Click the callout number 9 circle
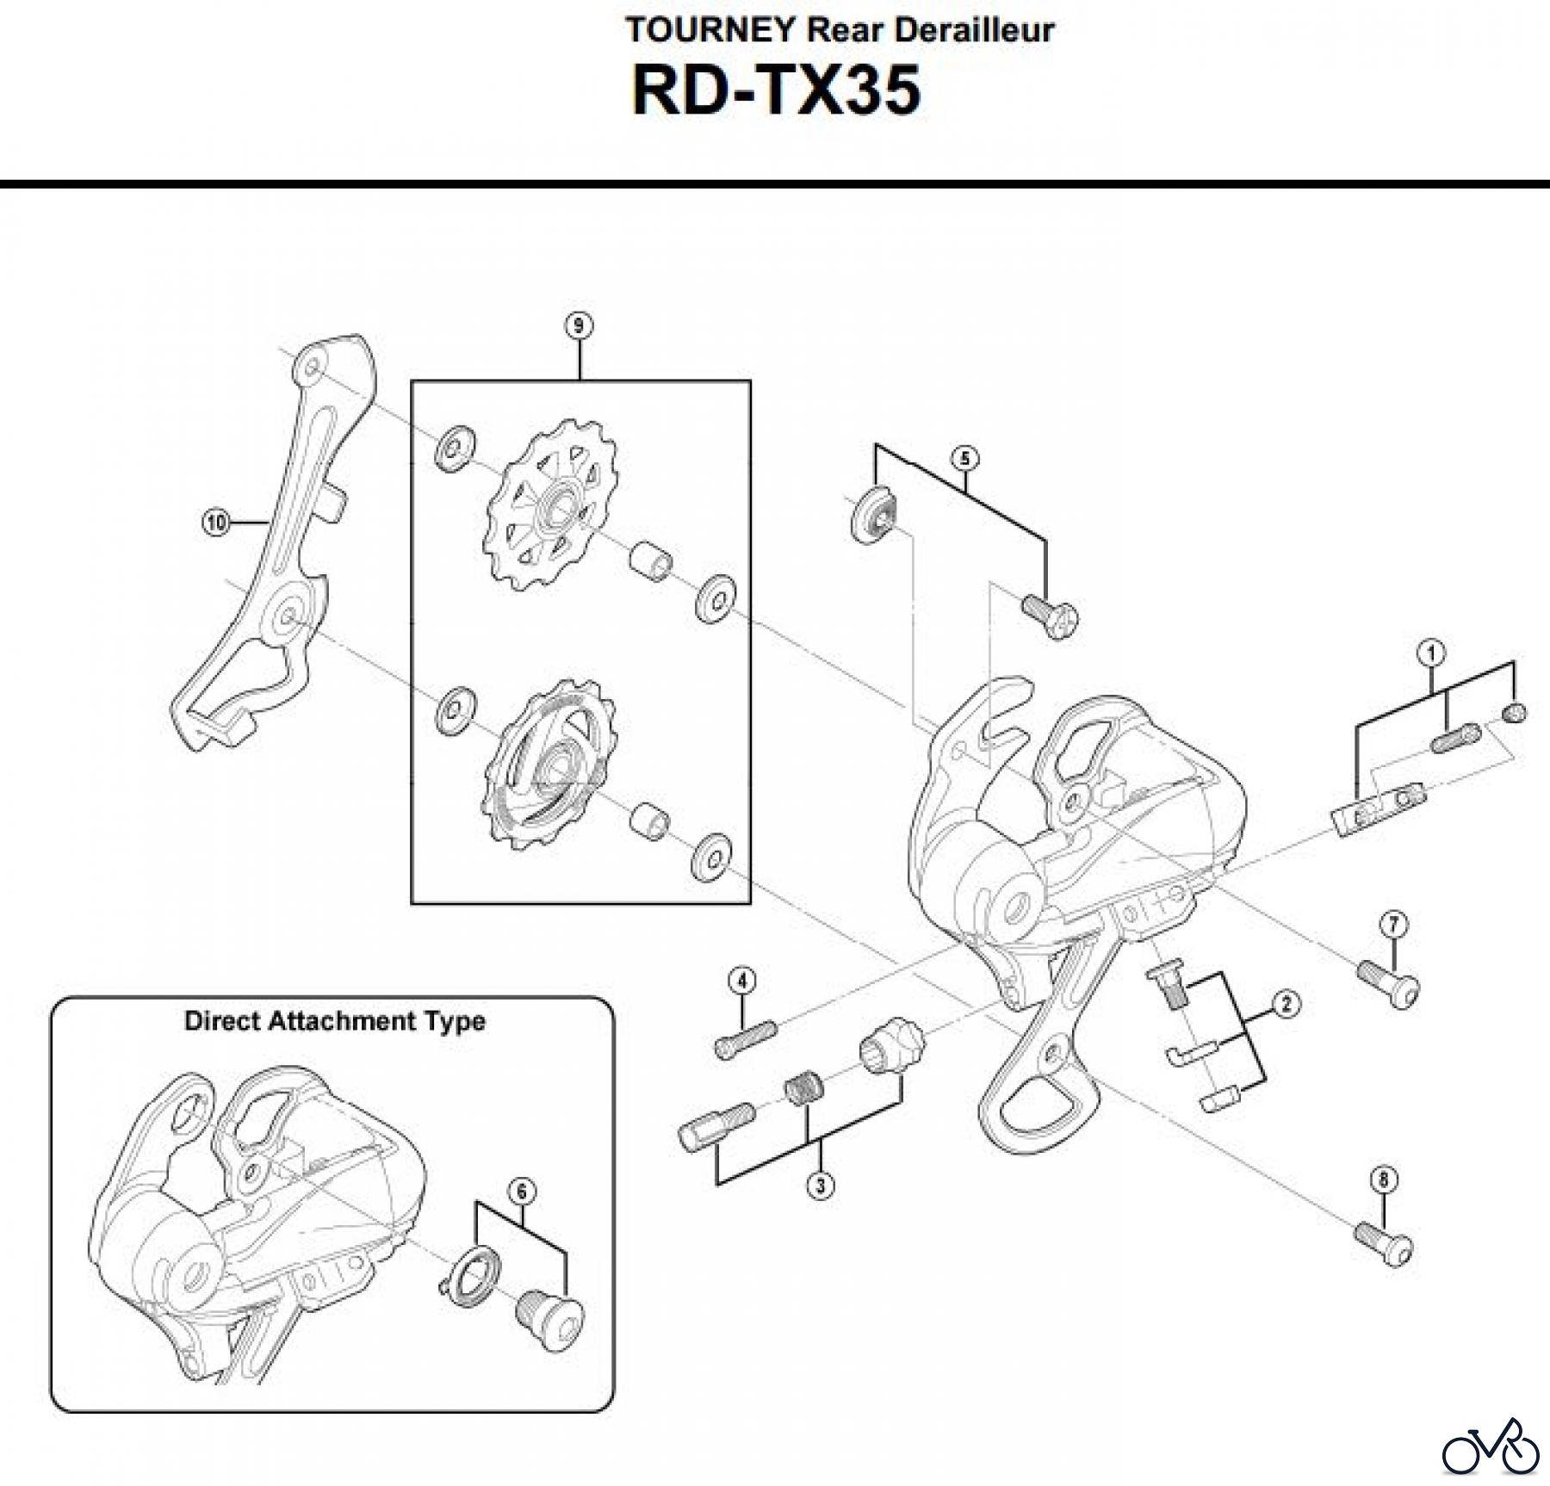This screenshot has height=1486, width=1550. point(579,325)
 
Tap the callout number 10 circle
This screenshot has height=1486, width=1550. point(215,522)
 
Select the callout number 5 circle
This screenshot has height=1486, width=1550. point(964,458)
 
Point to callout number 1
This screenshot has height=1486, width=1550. point(1431,653)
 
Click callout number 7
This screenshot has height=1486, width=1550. point(1393,925)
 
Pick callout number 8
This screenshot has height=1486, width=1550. point(1384,1180)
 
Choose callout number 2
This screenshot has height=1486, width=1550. point(1286,1004)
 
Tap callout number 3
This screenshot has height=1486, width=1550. point(820,1186)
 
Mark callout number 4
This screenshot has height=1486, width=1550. point(742,981)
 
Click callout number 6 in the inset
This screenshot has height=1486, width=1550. point(522,1192)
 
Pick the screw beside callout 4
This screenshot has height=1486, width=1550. point(745,1037)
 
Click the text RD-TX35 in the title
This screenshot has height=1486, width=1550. point(776,90)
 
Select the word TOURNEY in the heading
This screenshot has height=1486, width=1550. point(710,30)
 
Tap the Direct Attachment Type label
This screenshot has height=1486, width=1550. point(334,1021)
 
